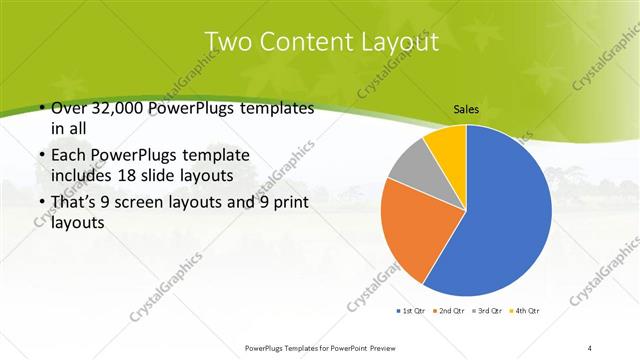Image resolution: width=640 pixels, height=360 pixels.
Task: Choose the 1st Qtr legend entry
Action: (412, 312)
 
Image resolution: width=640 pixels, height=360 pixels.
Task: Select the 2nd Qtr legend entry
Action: (451, 312)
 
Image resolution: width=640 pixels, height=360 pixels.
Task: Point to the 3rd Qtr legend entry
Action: (489, 312)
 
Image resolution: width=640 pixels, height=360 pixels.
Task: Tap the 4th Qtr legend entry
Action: (528, 312)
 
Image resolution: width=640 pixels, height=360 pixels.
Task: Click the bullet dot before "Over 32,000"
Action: (38, 108)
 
